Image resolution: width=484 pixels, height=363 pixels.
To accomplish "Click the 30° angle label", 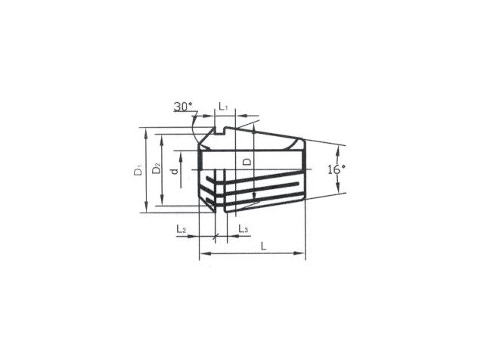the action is [x=183, y=107].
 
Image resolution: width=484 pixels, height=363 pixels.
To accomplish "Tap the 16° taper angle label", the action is [x=337, y=169].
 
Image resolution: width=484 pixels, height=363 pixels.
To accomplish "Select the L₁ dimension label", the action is [x=223, y=106].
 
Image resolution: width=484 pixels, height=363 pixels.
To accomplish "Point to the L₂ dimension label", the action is [x=181, y=229].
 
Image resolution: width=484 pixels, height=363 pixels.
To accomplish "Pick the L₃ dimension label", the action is [x=244, y=229].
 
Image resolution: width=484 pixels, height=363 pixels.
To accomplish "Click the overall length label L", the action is [x=263, y=246].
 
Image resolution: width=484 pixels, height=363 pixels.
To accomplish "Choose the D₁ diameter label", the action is [x=138, y=170].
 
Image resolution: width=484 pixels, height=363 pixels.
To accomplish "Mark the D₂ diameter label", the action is [x=157, y=169].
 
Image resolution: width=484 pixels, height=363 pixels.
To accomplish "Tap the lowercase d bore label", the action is [x=175, y=171].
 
